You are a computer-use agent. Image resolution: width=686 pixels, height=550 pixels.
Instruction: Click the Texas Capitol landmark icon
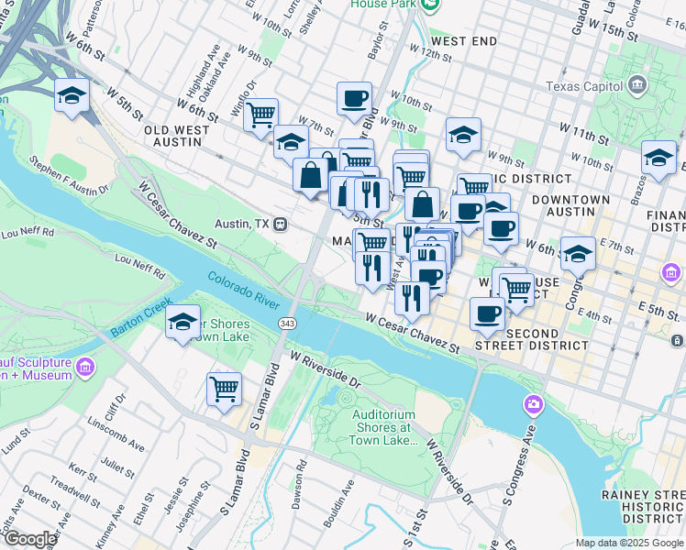point(637,87)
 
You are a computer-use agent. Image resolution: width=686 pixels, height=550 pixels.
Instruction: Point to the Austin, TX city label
point(242,224)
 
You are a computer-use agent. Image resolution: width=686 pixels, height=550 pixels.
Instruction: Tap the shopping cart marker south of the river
point(224,389)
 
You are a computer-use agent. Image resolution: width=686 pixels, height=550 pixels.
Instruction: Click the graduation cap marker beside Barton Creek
point(183,322)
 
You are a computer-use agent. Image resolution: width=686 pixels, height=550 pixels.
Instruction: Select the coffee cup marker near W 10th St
point(354,98)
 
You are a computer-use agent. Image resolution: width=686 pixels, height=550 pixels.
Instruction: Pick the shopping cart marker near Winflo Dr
point(260,115)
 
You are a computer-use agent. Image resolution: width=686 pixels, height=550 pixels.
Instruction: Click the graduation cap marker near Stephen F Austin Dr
point(72,95)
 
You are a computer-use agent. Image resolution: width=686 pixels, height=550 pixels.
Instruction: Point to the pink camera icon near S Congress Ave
point(534,404)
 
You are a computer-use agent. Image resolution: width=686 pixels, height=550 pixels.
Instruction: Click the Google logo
point(30,539)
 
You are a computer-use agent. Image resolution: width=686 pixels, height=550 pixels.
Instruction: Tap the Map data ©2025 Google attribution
point(628,543)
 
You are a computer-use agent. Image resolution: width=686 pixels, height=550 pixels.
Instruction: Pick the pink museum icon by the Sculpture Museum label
point(86,368)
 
